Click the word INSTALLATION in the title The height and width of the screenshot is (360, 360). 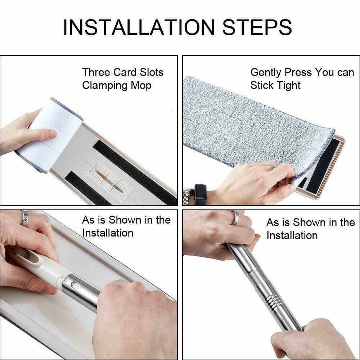point(139,27)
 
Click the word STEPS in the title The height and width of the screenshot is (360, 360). point(257,27)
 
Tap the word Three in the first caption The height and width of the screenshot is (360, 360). point(96,72)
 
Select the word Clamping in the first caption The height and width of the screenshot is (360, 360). point(105,86)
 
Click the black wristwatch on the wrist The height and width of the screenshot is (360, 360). point(201,194)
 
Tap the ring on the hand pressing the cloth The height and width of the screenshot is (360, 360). point(271,166)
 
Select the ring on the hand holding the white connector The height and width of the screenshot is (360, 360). point(24,217)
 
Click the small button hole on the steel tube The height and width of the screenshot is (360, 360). point(73,285)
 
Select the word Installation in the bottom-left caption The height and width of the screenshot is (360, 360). point(108,233)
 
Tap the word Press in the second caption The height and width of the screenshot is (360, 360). point(298,72)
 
